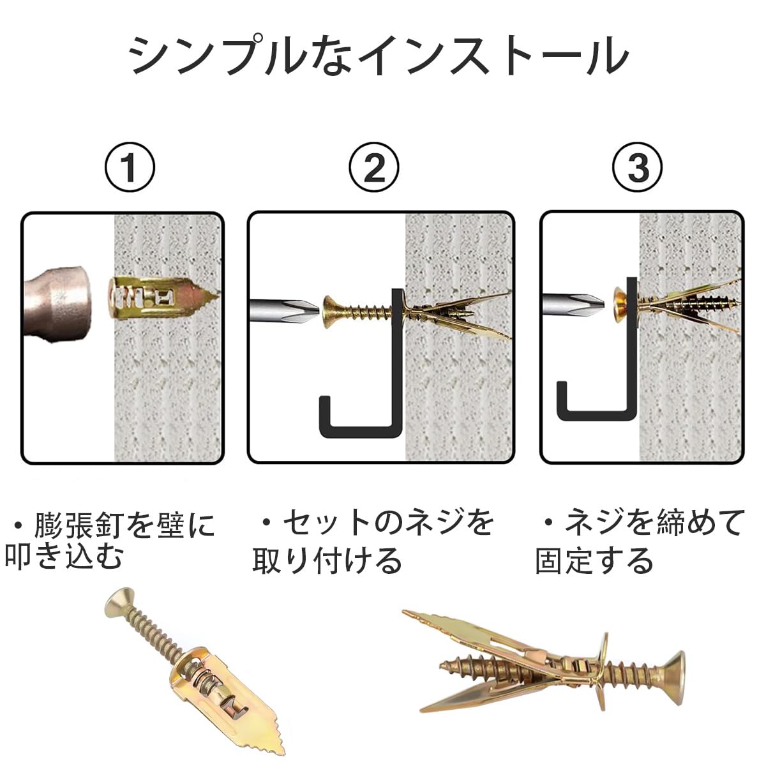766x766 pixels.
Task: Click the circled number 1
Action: [130, 167]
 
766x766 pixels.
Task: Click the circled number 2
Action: [375, 167]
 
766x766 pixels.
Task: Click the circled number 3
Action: [638, 167]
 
